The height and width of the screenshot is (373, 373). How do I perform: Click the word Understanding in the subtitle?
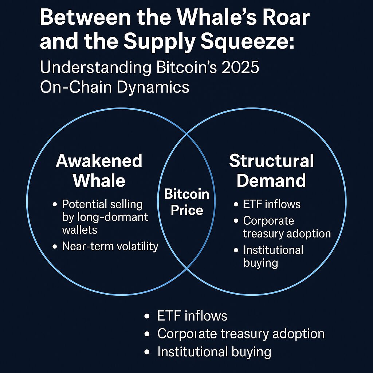click(x=96, y=67)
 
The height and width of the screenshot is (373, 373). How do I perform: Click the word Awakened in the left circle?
click(x=99, y=161)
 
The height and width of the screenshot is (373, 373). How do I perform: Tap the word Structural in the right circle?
click(x=271, y=161)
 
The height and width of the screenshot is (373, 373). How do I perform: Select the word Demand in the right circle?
click(x=271, y=181)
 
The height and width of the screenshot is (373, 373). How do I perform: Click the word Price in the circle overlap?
click(x=187, y=210)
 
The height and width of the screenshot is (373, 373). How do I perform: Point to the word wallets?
click(x=80, y=230)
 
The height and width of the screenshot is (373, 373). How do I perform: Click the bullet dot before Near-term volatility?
click(x=55, y=247)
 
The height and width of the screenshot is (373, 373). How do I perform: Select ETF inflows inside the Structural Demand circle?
click(x=272, y=204)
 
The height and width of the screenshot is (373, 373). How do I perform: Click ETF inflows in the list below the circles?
click(x=192, y=316)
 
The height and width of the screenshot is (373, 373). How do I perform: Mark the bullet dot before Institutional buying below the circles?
click(x=147, y=352)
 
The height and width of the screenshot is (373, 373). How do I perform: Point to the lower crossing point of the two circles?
click(x=187, y=268)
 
